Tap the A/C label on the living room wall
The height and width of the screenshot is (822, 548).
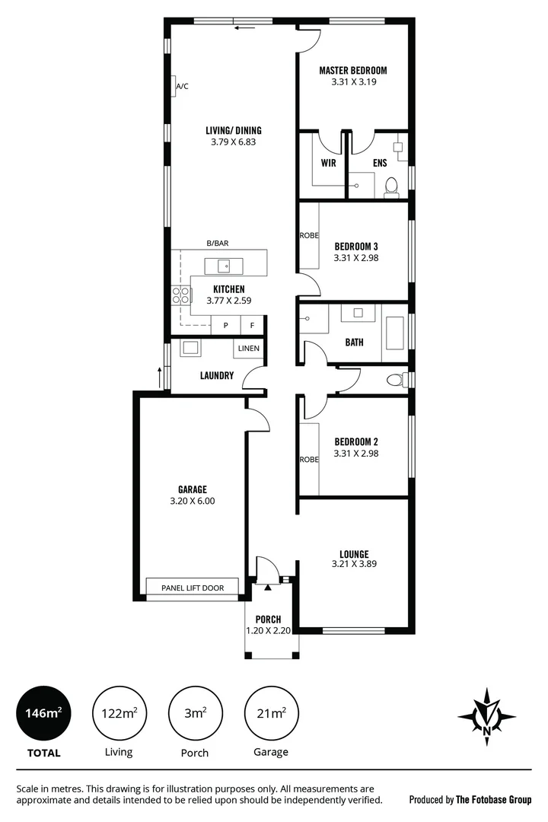(183, 87)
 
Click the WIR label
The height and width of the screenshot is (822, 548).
(329, 163)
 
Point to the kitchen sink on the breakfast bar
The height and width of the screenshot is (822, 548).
(224, 266)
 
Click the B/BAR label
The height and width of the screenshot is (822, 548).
(218, 244)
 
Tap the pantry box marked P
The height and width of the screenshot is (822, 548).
(225, 326)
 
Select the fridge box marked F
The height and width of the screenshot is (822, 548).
(252, 326)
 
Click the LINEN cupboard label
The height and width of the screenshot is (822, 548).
(249, 349)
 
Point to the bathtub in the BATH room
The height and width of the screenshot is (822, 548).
(395, 333)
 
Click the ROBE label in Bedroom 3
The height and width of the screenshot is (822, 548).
(308, 236)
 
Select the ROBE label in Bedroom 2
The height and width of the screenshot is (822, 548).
(308, 459)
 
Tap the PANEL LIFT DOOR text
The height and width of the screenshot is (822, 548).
(193, 588)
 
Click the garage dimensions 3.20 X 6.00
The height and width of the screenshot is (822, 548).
(193, 501)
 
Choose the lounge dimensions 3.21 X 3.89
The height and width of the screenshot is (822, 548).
(355, 564)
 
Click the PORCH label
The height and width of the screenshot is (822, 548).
(269, 620)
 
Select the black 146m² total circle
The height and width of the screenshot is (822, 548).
(43, 713)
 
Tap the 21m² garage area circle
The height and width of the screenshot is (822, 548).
(271, 713)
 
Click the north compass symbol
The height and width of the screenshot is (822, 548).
(486, 716)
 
